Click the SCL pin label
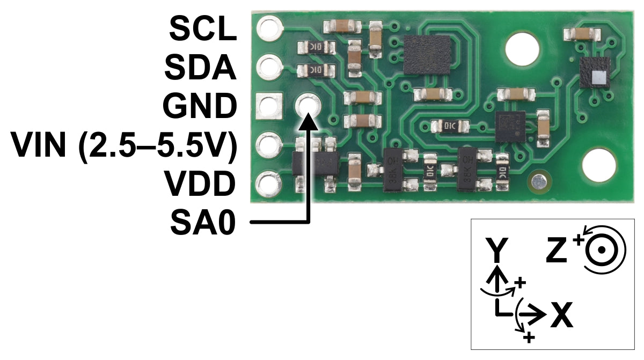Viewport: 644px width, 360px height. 203,28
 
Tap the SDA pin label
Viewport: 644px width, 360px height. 200,67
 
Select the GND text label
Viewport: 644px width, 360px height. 200,106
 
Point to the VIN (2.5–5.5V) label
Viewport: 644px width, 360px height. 124,146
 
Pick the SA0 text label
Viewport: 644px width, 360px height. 203,222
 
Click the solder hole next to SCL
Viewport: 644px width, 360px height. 269,28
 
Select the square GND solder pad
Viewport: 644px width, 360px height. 269,106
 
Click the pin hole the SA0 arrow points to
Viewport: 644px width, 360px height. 308,106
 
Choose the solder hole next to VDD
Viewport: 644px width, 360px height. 268,184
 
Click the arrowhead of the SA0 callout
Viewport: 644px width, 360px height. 309,121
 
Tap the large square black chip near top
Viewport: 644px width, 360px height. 427,55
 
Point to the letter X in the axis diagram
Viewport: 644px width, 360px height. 562,315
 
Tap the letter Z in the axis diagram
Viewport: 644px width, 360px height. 557,250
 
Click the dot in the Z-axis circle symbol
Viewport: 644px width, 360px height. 601,250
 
